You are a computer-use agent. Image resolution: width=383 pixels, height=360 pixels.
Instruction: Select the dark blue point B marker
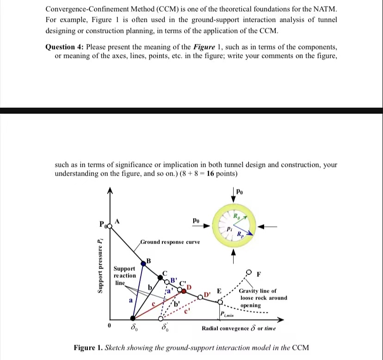pos(148,262)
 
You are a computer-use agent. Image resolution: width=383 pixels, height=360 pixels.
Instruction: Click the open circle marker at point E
pos(220,301)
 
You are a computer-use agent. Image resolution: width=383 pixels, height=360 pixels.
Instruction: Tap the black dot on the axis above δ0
pos(133,318)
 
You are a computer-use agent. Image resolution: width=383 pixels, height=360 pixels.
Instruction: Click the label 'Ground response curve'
pos(170,242)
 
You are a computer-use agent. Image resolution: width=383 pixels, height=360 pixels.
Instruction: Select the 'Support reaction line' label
pos(124,275)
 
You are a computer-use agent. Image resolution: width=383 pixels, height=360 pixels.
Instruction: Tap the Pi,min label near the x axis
pos(228,315)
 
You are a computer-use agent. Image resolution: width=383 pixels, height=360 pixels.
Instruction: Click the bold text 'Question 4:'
pos(65,47)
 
